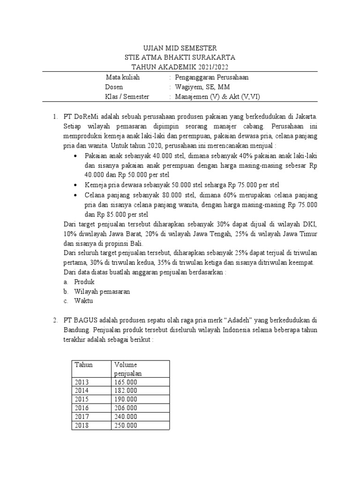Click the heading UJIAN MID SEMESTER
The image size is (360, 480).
click(180, 48)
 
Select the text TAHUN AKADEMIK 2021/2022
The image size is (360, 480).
click(180, 67)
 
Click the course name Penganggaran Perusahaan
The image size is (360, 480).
click(211, 77)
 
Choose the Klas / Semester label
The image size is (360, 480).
click(127, 97)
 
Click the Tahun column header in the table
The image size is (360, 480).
click(84, 365)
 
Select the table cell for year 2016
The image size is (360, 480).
click(82, 408)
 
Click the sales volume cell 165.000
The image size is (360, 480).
click(125, 382)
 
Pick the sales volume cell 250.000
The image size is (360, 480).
click(125, 425)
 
